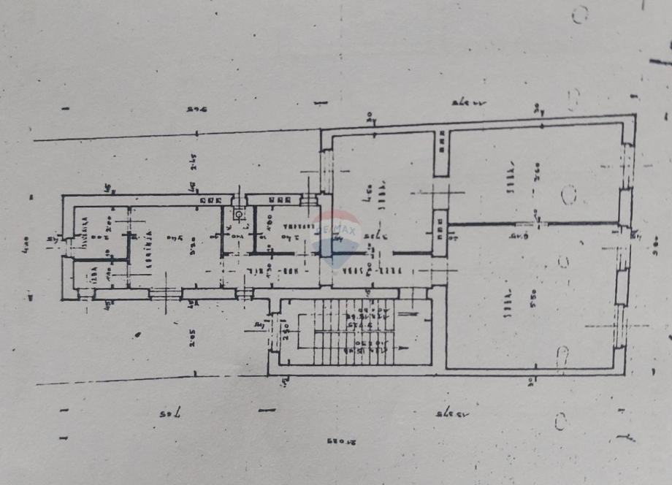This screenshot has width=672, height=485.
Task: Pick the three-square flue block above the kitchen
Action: (x=210, y=199)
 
